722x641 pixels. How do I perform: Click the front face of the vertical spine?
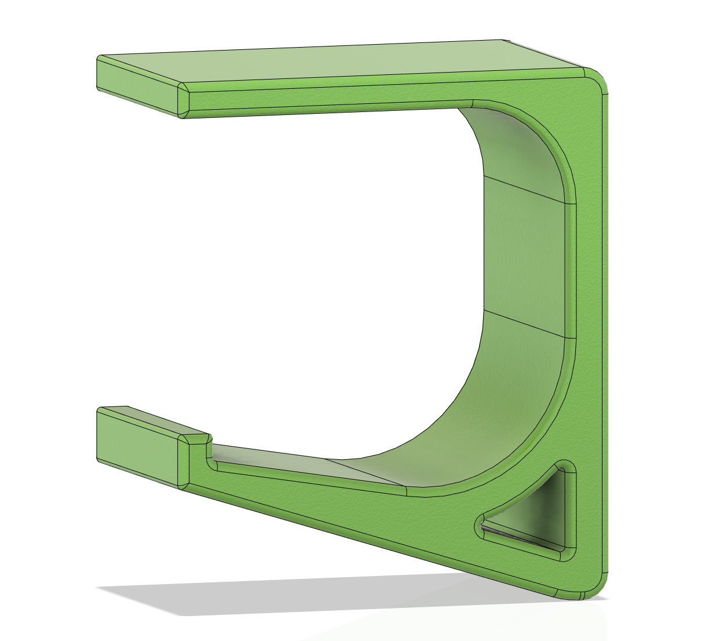point(589,290)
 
